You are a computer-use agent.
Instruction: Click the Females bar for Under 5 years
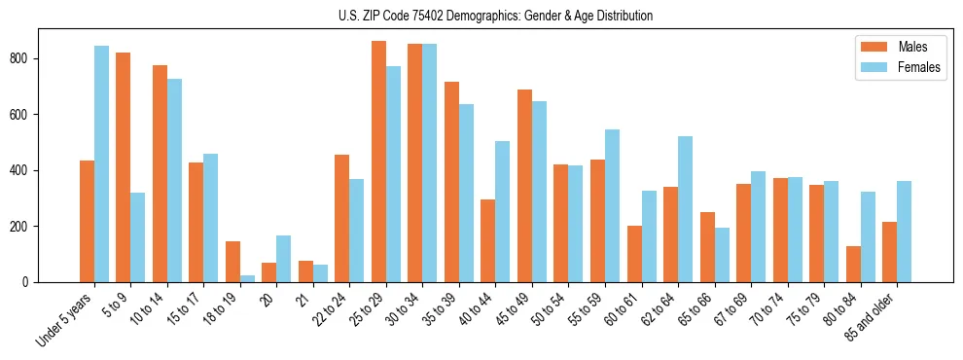[x=101, y=163]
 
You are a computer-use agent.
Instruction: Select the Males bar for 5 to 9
[x=124, y=167]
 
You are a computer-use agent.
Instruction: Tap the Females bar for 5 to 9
[x=138, y=237]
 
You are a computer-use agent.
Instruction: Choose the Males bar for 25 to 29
[x=379, y=162]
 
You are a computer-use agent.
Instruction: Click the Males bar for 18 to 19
[x=232, y=262]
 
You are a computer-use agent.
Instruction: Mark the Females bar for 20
[x=284, y=259]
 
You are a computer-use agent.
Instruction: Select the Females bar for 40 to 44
[x=503, y=211]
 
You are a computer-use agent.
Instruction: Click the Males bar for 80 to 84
[x=853, y=264]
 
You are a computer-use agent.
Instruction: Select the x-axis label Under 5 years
[x=66, y=318]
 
